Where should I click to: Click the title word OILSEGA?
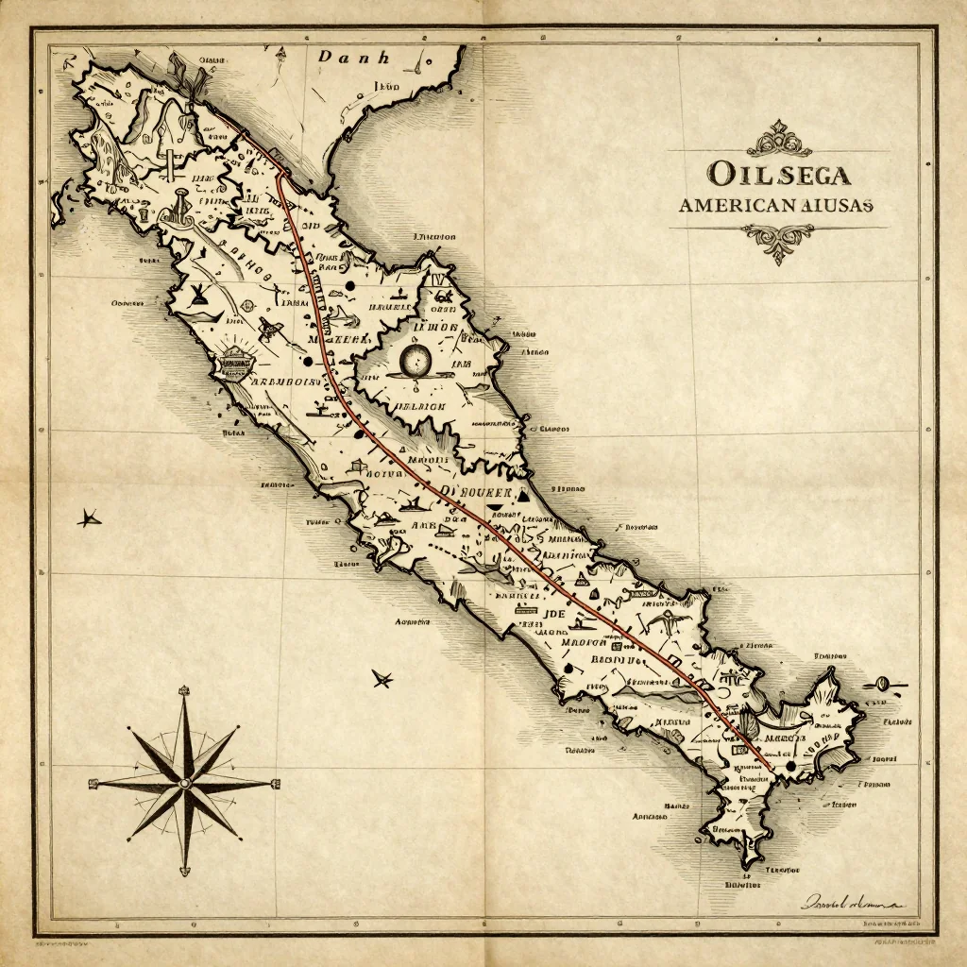[778, 175]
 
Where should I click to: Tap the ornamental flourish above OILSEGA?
[778, 140]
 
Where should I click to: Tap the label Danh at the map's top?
[352, 58]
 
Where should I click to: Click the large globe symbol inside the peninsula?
[416, 359]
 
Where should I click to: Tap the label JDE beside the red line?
[554, 613]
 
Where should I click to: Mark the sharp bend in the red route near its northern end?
[280, 178]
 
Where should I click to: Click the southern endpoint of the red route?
[770, 770]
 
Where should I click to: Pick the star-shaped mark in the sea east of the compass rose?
[382, 677]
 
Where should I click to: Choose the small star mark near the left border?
[90, 517]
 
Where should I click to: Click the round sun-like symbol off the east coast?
[885, 683]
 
